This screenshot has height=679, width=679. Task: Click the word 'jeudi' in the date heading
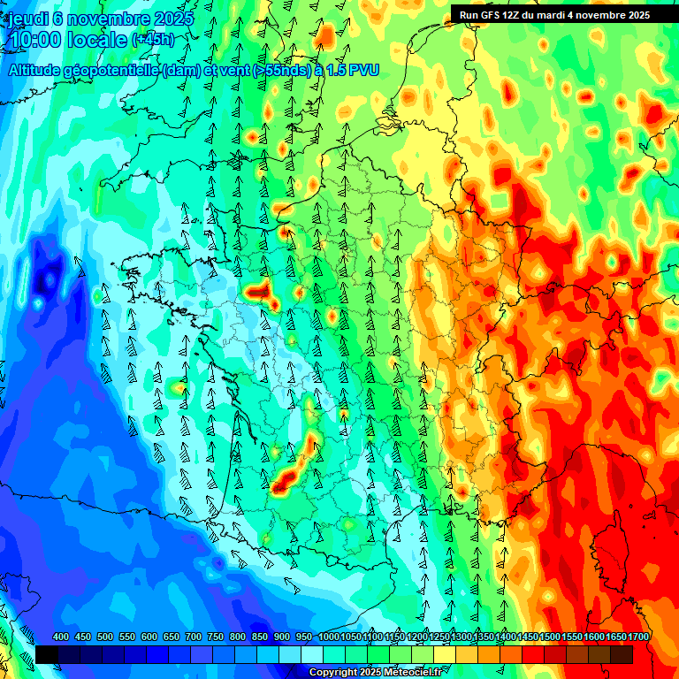[x=26, y=18]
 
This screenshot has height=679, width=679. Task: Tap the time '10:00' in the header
[x=36, y=40]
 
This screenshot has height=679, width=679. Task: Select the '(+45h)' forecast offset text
[x=153, y=40]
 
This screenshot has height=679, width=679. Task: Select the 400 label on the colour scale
[x=60, y=637]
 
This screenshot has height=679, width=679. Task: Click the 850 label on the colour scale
[x=259, y=637]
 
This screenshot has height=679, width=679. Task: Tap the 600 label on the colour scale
[x=149, y=637]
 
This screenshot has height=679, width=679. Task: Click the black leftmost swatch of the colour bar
[x=47, y=654]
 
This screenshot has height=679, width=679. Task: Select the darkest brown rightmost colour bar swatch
[x=622, y=654]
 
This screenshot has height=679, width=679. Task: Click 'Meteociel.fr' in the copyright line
[x=410, y=673]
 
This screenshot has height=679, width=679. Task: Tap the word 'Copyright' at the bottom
[x=332, y=673]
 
